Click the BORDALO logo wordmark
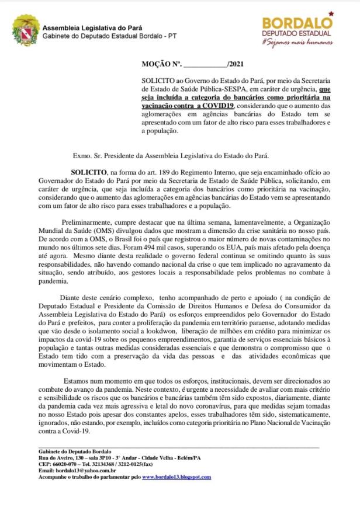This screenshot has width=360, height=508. pos(297,22)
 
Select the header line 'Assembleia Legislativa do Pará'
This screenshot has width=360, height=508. pos(92,27)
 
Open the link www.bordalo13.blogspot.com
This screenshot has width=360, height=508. pos(176,476)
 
